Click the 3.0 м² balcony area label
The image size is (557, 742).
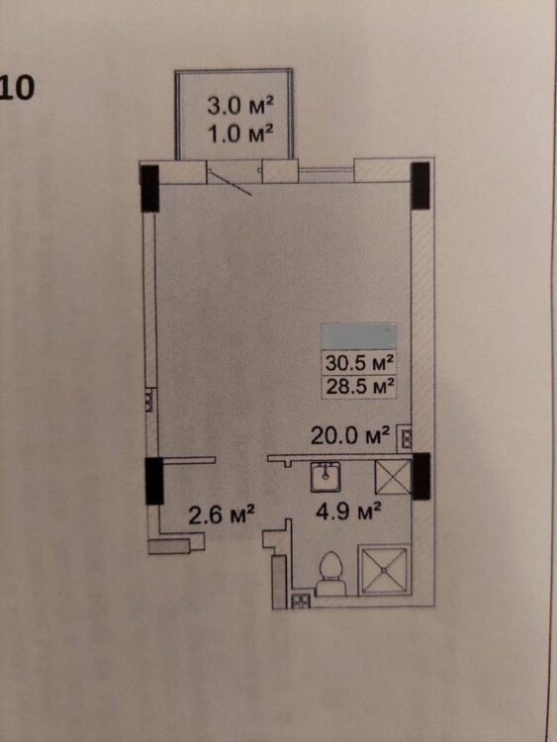pyautogui.click(x=240, y=106)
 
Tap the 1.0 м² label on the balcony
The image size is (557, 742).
pyautogui.click(x=240, y=135)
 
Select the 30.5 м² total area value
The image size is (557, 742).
pyautogui.click(x=360, y=363)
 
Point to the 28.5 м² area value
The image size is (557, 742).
pyautogui.click(x=360, y=387)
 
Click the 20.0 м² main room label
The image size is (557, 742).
pyautogui.click(x=350, y=436)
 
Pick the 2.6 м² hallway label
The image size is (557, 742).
pyautogui.click(x=222, y=514)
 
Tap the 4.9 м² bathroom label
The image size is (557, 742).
pyautogui.click(x=349, y=512)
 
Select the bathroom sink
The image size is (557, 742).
pyautogui.click(x=325, y=477)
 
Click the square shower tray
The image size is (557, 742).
pyautogui.click(x=384, y=570)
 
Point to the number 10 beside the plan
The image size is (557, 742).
pyautogui.click(x=18, y=88)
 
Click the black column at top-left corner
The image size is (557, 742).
pyautogui.click(x=150, y=188)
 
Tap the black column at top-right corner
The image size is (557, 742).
pyautogui.click(x=420, y=186)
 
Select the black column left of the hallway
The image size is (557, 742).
pyautogui.click(x=154, y=480)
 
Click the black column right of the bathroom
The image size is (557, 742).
pyautogui.click(x=420, y=476)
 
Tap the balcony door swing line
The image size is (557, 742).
pyautogui.click(x=231, y=183)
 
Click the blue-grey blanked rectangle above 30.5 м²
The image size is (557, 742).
pyautogui.click(x=359, y=336)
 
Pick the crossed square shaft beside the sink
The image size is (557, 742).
pyautogui.click(x=393, y=477)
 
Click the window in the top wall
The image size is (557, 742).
pyautogui.click(x=326, y=175)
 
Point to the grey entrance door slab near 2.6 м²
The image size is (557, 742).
pyautogui.click(x=169, y=546)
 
